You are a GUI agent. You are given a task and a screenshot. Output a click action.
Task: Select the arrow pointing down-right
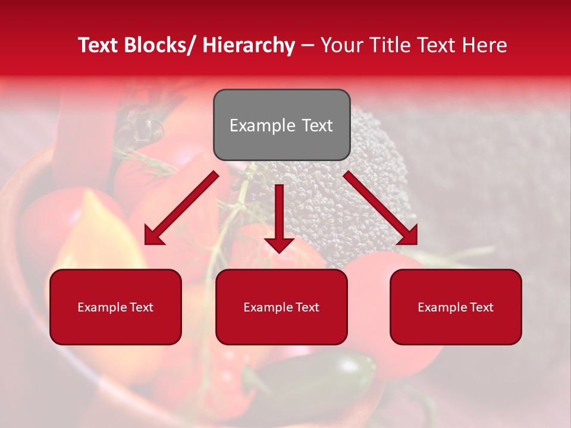pyautogui.click(x=381, y=209)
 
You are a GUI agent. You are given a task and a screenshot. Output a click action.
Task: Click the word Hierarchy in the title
pyautogui.click(x=249, y=46)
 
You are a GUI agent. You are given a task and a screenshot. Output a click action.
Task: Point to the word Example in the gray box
pyautogui.click(x=262, y=125)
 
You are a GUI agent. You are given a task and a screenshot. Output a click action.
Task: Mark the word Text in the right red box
pyautogui.click(x=481, y=307)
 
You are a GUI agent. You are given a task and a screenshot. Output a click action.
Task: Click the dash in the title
pyautogui.click(x=308, y=46)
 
